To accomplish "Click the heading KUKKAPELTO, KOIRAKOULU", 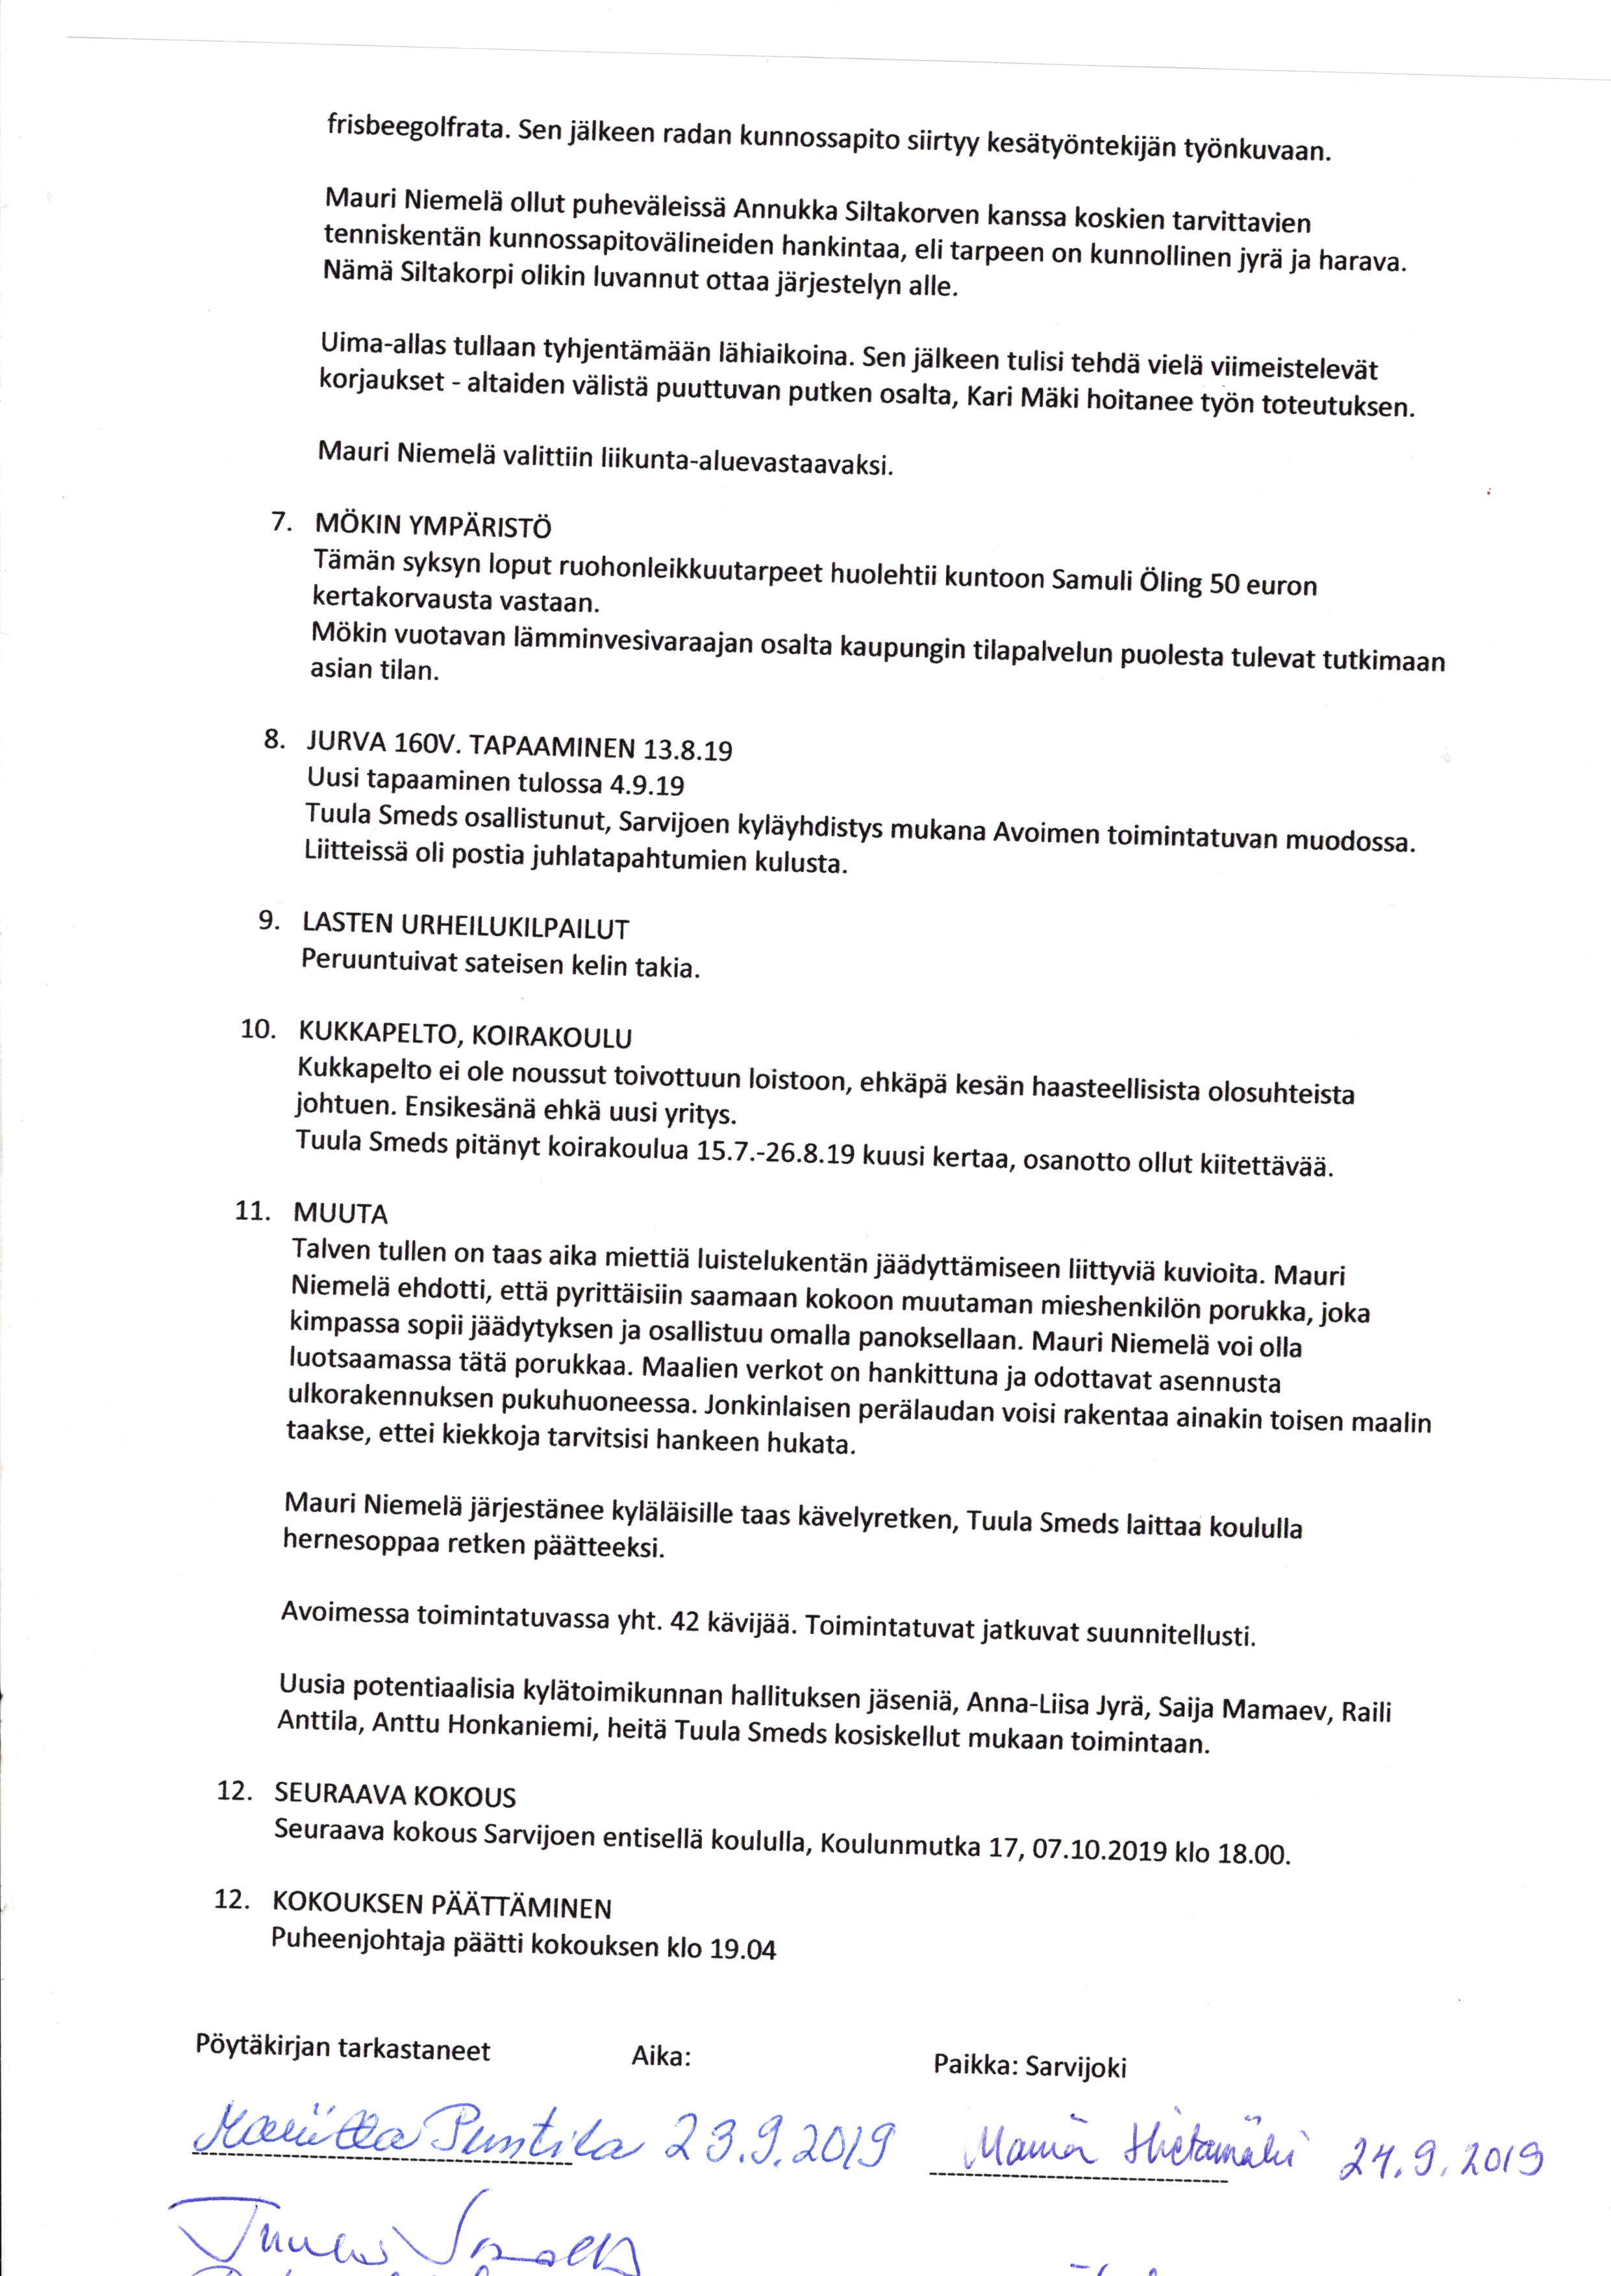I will click(x=464, y=1036).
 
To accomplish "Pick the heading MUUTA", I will click(x=340, y=1213).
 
